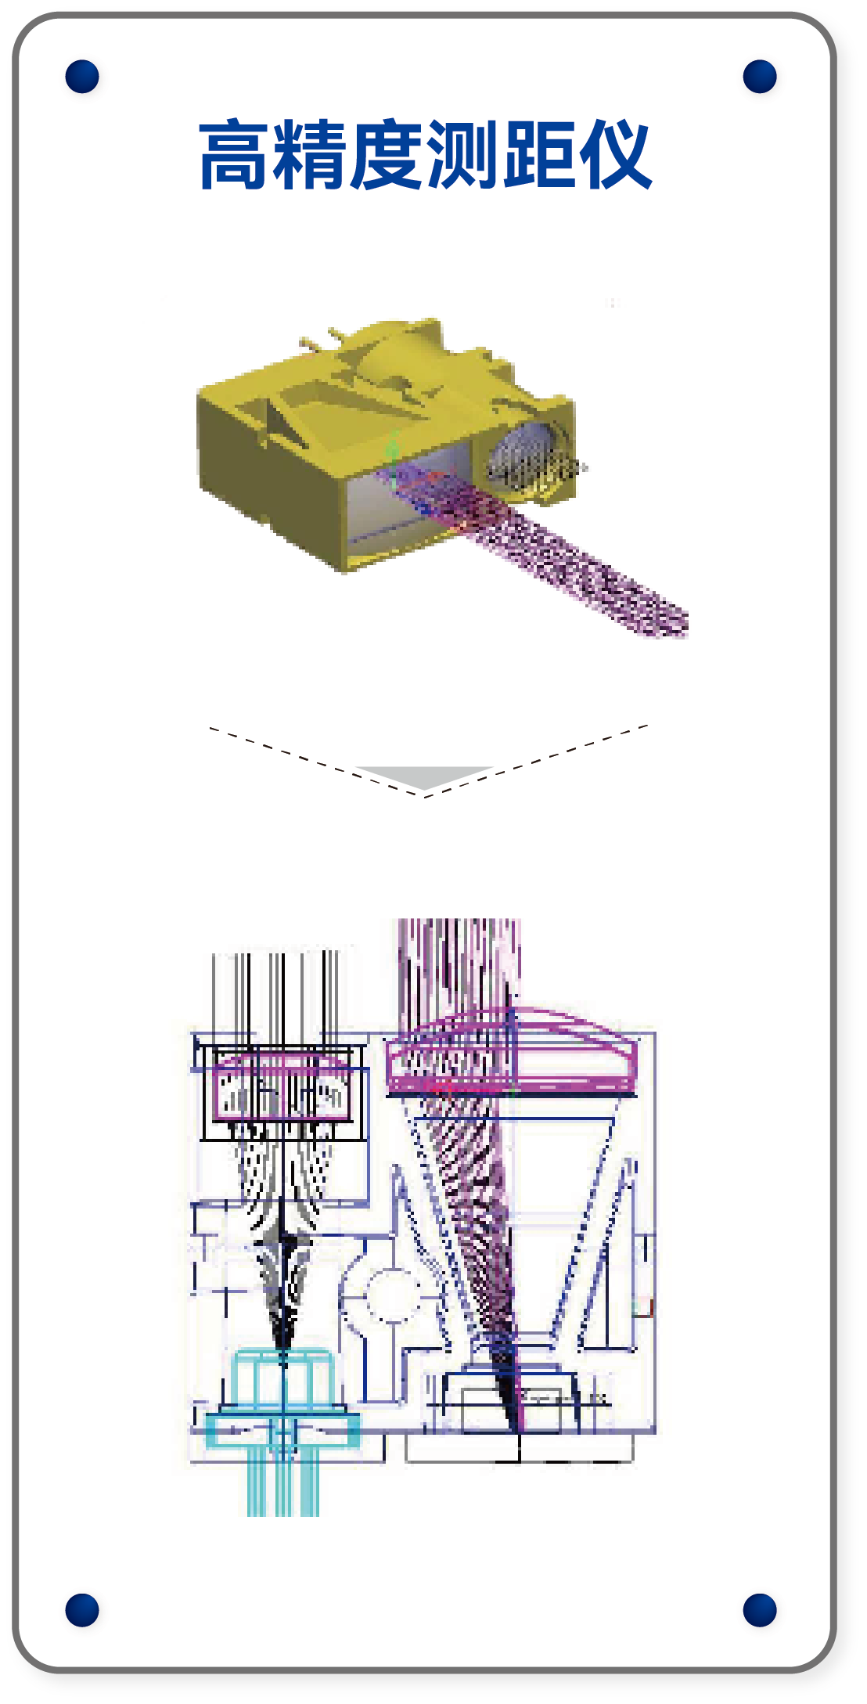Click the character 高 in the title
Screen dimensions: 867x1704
(x=236, y=155)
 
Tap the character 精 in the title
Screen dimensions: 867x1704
(x=311, y=155)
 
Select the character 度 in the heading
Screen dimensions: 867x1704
(x=387, y=155)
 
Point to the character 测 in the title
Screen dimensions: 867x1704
(x=462, y=155)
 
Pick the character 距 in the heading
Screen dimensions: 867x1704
(x=538, y=155)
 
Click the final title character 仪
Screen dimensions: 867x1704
(x=614, y=155)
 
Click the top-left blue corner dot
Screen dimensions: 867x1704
(x=82, y=76)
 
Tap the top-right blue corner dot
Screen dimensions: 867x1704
(x=760, y=76)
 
